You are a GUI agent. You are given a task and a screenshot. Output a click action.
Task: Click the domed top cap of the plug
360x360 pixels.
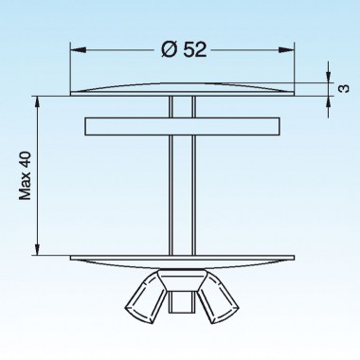tap(180, 88)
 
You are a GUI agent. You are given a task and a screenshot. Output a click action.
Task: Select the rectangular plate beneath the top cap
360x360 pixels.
tap(180, 126)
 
